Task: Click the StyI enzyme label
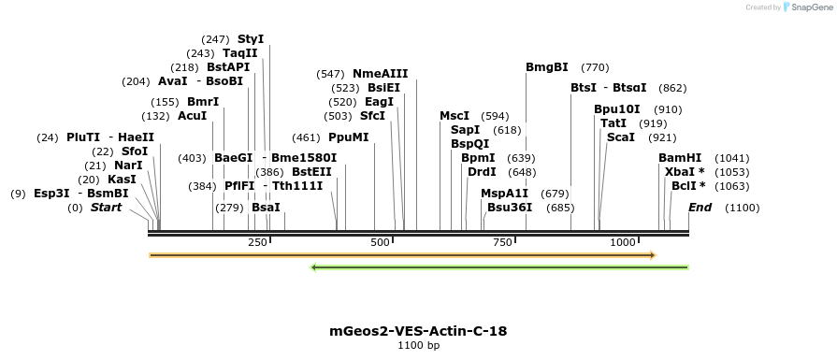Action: point(251,39)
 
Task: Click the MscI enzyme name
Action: point(455,116)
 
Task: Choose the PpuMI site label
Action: point(348,137)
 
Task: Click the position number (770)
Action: point(595,67)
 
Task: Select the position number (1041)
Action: point(731,158)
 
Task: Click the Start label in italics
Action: point(106,208)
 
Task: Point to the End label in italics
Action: point(700,208)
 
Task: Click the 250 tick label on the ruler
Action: point(257,243)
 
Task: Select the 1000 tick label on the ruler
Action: point(624,243)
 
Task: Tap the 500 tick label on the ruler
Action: point(380,243)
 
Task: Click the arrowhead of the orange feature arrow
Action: point(653,254)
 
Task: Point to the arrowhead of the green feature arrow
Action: point(314,267)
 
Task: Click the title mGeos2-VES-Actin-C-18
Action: point(418,331)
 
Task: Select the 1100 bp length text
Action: point(418,346)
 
